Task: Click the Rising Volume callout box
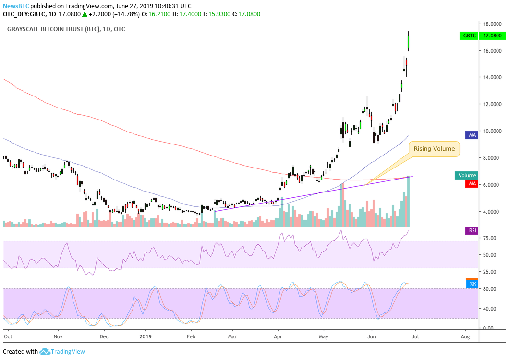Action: pyautogui.click(x=434, y=149)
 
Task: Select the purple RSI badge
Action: pyautogui.click(x=473, y=231)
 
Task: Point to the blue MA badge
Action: pyautogui.click(x=473, y=135)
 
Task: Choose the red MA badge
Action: pyautogui.click(x=473, y=183)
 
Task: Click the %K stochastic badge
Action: pyautogui.click(x=473, y=284)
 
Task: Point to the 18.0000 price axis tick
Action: pyautogui.click(x=492, y=24)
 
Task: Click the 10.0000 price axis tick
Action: pyautogui.click(x=492, y=131)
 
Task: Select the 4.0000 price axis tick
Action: pyautogui.click(x=492, y=212)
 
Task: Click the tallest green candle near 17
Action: pyautogui.click(x=409, y=41)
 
